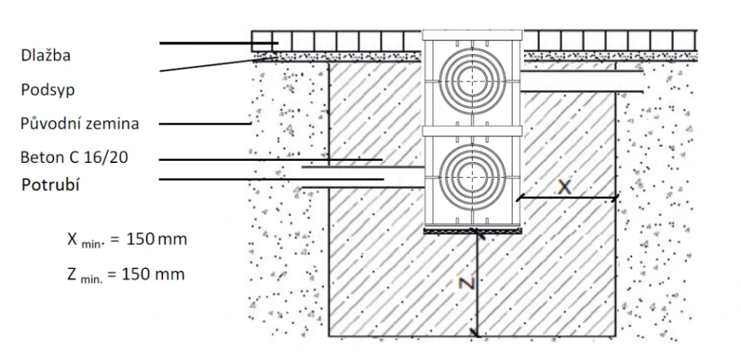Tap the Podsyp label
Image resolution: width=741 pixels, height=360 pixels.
(48, 89)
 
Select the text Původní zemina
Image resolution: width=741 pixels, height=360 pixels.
(79, 123)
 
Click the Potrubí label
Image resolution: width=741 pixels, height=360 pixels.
(51, 184)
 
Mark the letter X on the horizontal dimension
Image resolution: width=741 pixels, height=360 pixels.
(565, 187)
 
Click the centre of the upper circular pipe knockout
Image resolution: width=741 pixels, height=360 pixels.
(472, 81)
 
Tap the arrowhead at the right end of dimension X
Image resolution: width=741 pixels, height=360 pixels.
(615, 197)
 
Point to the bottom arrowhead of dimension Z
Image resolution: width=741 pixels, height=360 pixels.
(477, 334)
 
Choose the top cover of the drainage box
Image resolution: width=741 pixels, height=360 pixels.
(473, 35)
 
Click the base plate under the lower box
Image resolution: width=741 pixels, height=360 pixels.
(473, 230)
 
